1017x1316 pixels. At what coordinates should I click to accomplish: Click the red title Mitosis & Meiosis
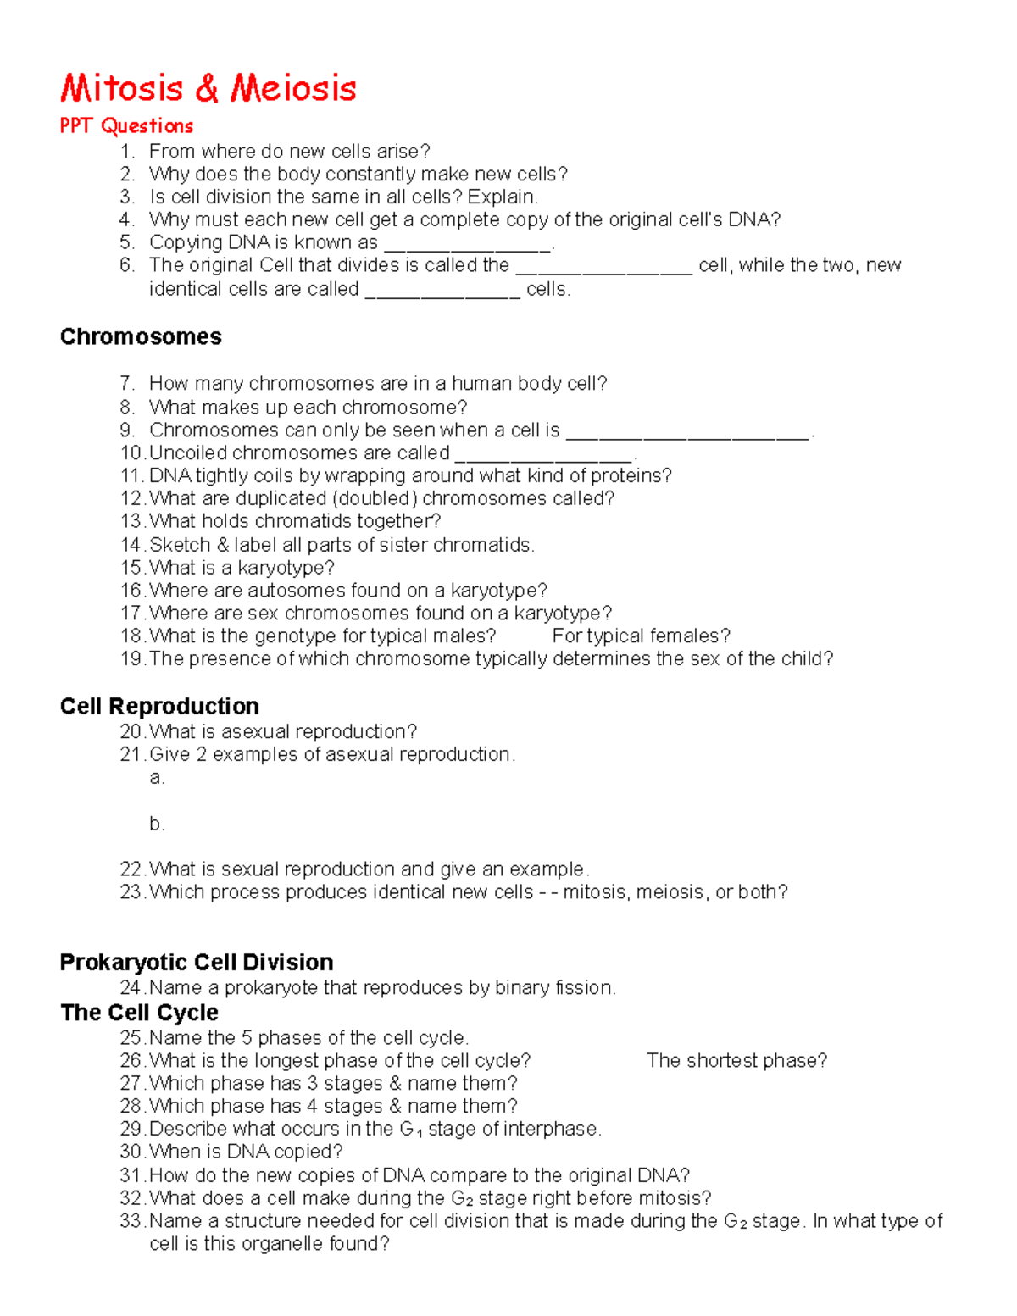coord(208,88)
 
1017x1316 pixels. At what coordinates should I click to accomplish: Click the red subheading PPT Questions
coord(126,126)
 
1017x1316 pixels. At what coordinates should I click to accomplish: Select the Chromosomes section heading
coord(141,336)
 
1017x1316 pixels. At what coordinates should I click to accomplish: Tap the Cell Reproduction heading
coord(159,706)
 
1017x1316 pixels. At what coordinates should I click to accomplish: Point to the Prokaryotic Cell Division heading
coord(196,962)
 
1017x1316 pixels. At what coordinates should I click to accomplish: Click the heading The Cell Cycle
coord(139,1013)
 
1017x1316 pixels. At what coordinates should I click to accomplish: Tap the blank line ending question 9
coord(687,435)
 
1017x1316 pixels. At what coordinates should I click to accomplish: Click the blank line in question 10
coord(543,458)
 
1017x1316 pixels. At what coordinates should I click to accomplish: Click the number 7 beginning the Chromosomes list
coord(127,384)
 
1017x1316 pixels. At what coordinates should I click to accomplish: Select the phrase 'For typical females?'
coord(641,636)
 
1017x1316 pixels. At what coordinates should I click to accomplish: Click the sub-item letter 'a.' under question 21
coord(157,778)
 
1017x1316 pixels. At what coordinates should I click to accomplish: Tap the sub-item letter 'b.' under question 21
coord(157,824)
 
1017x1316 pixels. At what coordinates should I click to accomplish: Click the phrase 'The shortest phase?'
coord(736,1061)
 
